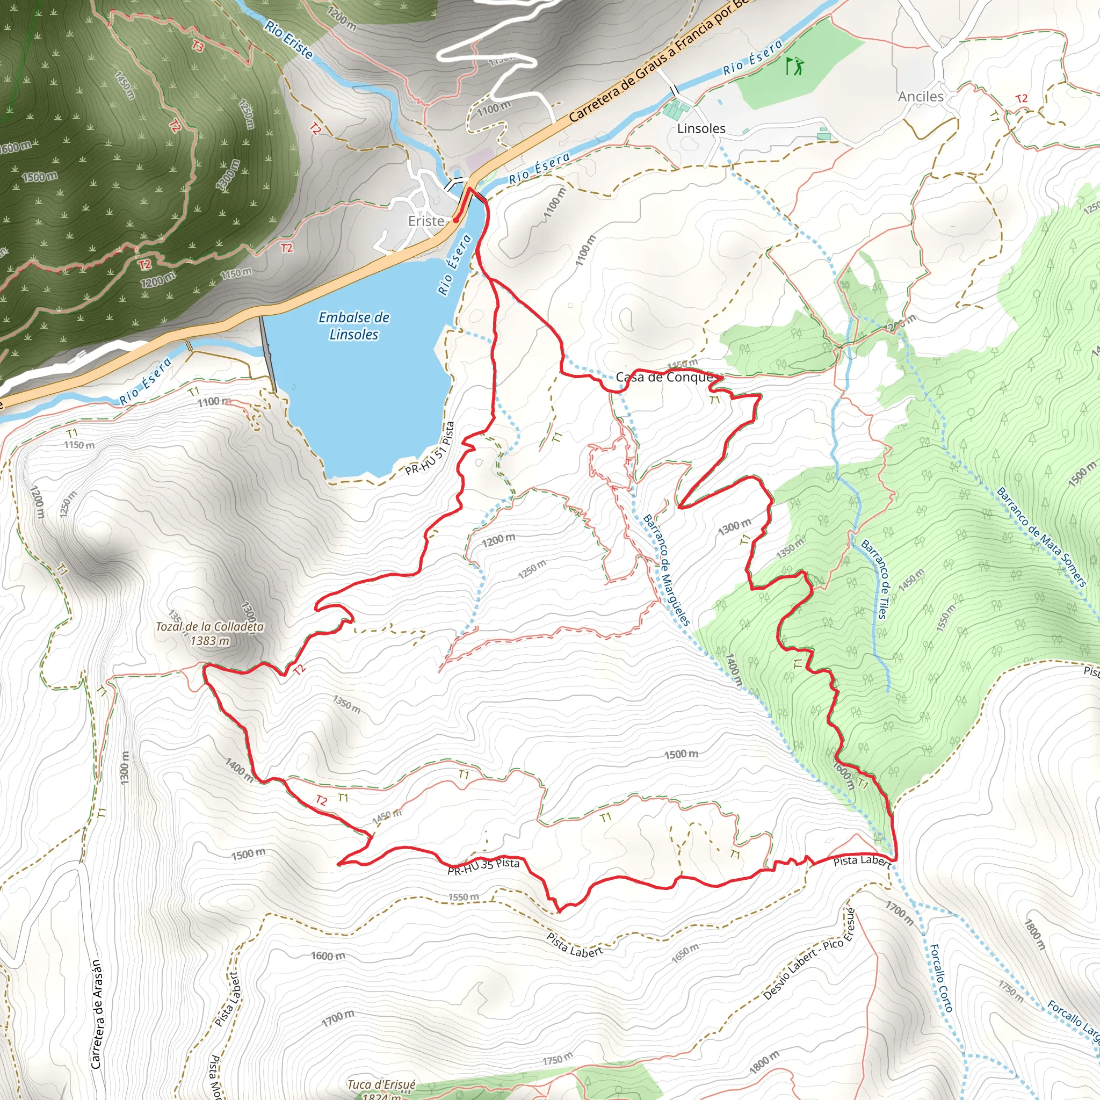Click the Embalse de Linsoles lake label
point(353,325)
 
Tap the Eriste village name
point(426,221)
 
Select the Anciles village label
point(921,97)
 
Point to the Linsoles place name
point(701,129)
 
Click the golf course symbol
point(795,66)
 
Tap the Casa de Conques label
point(665,377)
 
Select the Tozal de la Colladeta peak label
point(209,633)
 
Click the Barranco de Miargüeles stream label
point(666,570)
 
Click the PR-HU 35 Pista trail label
point(483,866)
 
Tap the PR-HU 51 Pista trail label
point(430,448)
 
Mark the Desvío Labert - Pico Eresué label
point(809,955)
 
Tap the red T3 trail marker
point(198,46)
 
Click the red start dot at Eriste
point(455,220)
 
